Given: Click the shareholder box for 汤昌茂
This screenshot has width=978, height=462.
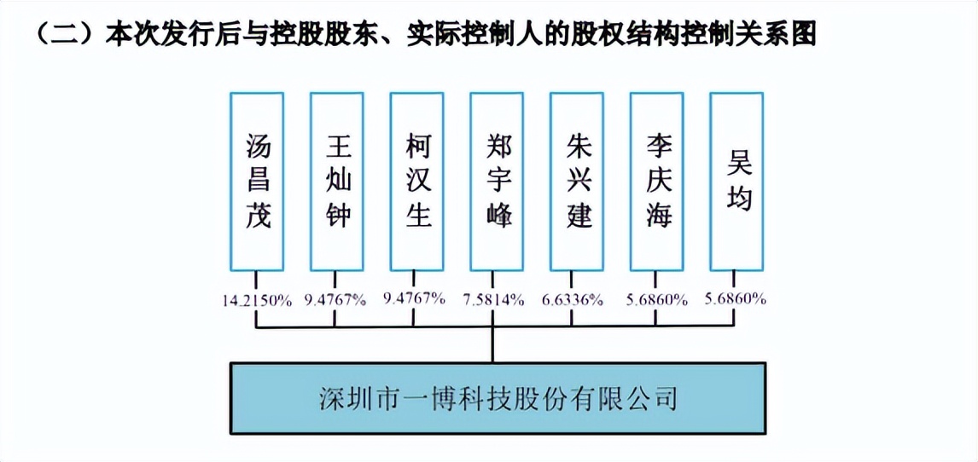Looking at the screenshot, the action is pyautogui.click(x=257, y=181).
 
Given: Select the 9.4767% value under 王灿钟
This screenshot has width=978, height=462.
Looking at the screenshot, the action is pyautogui.click(x=335, y=299).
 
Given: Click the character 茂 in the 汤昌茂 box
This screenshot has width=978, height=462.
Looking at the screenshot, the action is pyautogui.click(x=257, y=216).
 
